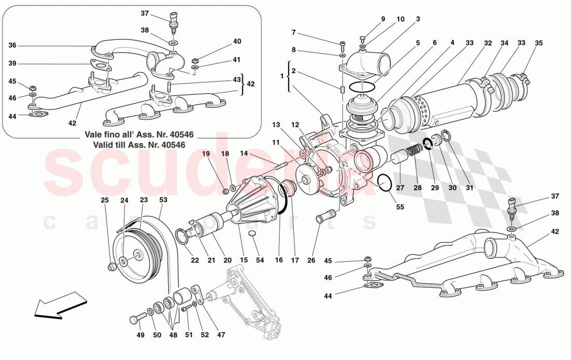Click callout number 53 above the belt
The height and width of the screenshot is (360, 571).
tap(164, 199)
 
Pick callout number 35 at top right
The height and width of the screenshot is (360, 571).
tap(538, 43)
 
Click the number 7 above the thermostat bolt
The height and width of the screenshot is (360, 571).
tap(293, 32)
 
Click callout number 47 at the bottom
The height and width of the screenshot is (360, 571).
tap(221, 335)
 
